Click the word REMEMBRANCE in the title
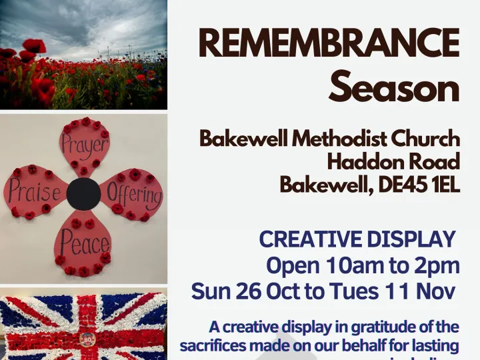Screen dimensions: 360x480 (329, 45)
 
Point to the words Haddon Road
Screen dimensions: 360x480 (393, 161)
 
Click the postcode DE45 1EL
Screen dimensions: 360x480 (418, 184)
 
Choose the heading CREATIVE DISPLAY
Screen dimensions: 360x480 (357, 239)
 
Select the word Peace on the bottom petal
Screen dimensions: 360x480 (84, 244)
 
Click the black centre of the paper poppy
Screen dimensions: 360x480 (84, 194)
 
